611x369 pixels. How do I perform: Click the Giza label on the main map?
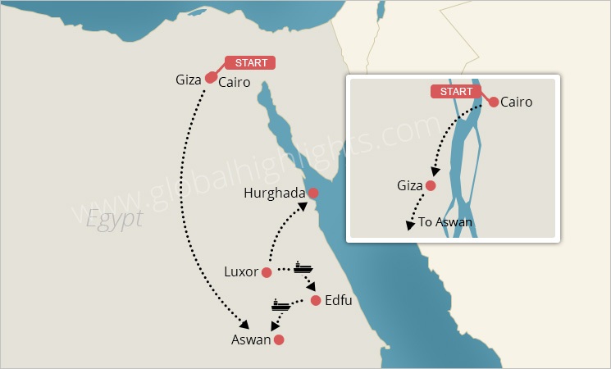(x=188, y=80)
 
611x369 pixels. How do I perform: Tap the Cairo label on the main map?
(x=235, y=83)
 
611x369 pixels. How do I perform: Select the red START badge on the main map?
(x=250, y=62)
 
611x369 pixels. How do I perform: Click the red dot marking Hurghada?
(x=312, y=193)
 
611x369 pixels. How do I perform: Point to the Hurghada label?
(x=275, y=194)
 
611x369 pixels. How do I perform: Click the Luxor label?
(x=241, y=271)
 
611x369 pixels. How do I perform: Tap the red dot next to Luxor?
(x=267, y=272)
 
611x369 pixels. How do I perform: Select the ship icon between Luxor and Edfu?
(x=303, y=268)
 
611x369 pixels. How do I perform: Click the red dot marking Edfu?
(x=316, y=301)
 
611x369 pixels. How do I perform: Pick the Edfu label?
(x=338, y=301)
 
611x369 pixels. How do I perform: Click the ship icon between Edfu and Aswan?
(x=280, y=305)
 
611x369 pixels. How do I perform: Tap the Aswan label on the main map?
(x=251, y=339)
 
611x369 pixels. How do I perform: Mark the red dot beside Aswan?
(x=279, y=339)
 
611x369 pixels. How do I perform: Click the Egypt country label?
(x=114, y=218)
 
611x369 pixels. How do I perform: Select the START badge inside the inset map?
(x=456, y=91)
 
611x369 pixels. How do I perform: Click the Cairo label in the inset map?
(x=516, y=102)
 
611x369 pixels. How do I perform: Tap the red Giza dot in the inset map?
(x=431, y=186)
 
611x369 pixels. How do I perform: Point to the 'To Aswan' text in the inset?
(x=445, y=222)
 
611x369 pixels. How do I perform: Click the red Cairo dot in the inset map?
(x=494, y=102)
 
